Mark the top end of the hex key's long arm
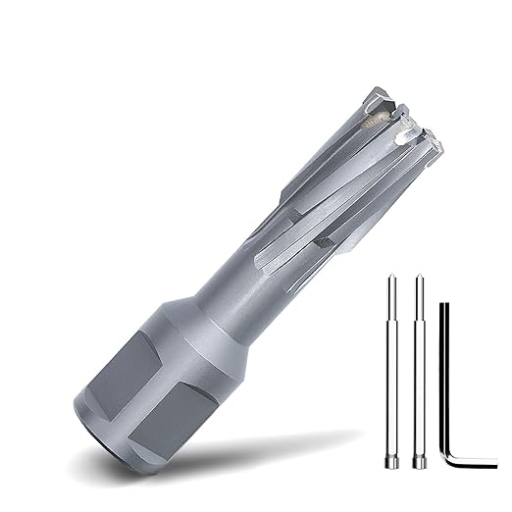442,307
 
